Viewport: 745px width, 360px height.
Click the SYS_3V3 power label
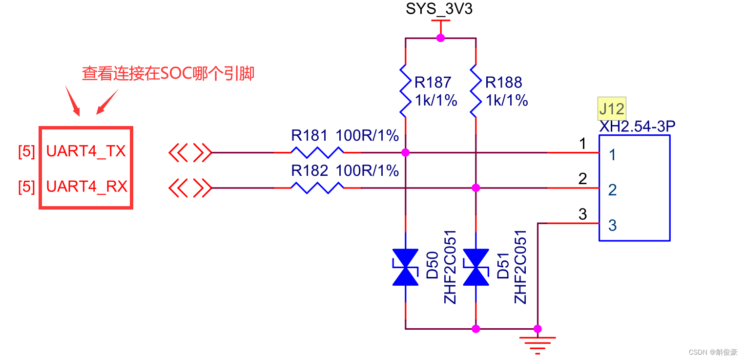coord(439,9)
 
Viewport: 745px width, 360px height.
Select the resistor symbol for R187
coord(405,90)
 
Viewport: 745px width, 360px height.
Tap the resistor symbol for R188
coord(476,90)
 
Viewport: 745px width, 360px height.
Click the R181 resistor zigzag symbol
coord(317,152)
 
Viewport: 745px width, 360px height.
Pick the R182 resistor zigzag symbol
coord(317,188)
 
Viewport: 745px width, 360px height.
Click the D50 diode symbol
coord(405,267)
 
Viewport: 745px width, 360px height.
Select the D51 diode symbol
coord(476,267)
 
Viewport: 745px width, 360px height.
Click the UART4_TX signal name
coord(86,151)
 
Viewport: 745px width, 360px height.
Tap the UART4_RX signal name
coord(86,187)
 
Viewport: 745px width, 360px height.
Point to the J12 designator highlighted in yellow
coord(612,108)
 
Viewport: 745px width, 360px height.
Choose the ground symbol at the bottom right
coord(538,345)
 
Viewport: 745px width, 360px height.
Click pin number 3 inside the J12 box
coord(612,225)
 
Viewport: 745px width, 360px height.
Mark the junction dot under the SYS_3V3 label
coord(440,38)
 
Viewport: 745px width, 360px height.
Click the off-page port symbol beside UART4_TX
coord(190,152)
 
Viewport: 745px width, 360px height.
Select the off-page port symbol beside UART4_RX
coord(190,188)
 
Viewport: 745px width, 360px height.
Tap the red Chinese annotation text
coord(168,74)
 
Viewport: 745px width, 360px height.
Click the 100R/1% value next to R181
coord(367,135)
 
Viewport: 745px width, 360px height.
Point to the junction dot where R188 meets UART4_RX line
coord(476,188)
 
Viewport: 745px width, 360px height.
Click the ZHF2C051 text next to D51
coord(520,267)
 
